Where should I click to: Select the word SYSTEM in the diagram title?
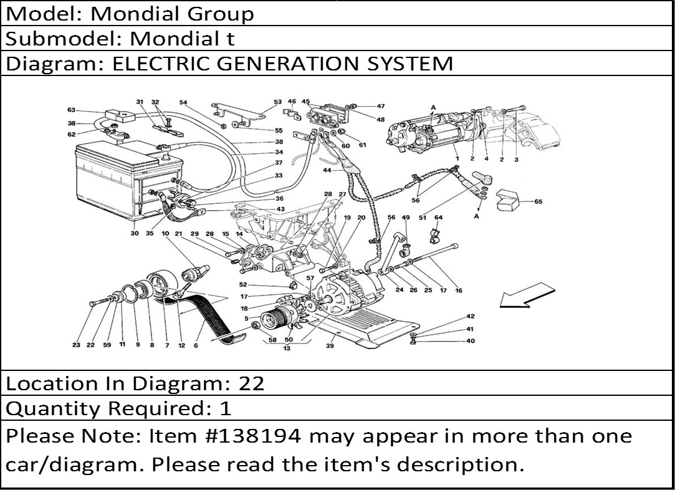click(410, 64)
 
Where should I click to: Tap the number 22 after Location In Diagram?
click(251, 383)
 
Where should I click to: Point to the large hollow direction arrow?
click(527, 296)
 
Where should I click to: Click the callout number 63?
click(72, 110)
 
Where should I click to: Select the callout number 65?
click(538, 201)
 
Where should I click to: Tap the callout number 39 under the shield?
click(330, 346)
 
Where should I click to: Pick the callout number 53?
click(277, 102)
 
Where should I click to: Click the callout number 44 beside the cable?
click(327, 171)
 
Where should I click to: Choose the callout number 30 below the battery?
click(135, 233)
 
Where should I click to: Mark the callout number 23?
click(76, 345)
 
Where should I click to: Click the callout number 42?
click(470, 317)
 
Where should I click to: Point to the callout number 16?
click(459, 291)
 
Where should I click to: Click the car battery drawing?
click(128, 179)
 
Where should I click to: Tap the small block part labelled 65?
click(508, 200)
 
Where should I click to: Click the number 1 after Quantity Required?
click(226, 408)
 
